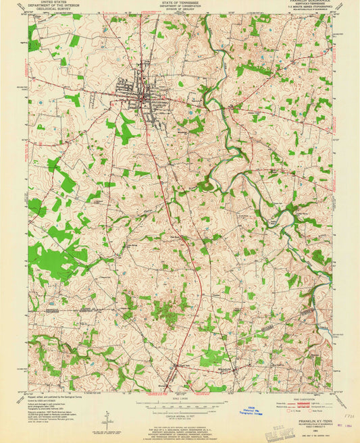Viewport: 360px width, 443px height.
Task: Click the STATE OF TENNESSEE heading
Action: pyautogui.click(x=180, y=3)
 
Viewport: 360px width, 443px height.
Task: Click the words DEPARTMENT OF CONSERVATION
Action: pyautogui.click(x=180, y=6)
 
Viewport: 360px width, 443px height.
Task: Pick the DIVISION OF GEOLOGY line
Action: pyautogui.click(x=180, y=9)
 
